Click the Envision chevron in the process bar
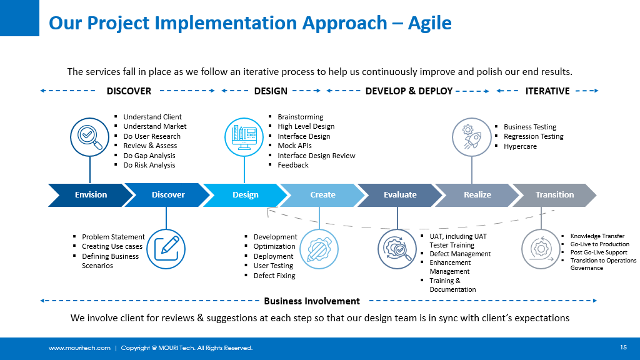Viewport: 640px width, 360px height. coord(91,195)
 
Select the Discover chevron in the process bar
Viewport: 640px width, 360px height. coord(168,195)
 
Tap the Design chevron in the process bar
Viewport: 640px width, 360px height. coord(246,195)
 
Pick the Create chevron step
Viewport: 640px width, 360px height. coord(322,195)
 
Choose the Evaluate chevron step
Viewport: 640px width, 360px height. coord(400,195)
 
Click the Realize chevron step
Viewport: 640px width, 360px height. coord(477,195)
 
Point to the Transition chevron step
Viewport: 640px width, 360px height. coord(554,195)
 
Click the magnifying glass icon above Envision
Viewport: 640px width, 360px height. coord(90,136)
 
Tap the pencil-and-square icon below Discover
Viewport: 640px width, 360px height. coord(166,249)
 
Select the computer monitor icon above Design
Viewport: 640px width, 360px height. coord(244,136)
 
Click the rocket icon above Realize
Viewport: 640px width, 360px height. coord(472,136)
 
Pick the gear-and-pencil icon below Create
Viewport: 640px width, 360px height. coord(319,249)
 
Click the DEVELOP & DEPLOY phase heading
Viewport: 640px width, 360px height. coord(409,91)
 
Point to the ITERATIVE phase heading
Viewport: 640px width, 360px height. coord(547,91)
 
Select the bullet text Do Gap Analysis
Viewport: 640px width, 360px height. coord(149,156)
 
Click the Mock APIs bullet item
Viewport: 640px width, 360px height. coord(294,146)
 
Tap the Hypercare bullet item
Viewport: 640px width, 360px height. coord(520,146)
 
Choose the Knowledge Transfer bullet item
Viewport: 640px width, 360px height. coord(597,236)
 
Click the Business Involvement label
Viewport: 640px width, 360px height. coord(312,301)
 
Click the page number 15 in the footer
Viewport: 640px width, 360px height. coord(623,347)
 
